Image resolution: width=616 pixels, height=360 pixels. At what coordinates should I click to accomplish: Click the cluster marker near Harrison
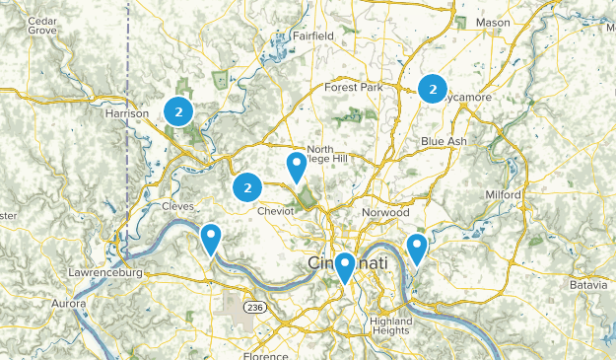coord(178,112)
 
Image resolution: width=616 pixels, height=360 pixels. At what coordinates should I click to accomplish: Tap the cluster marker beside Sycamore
coord(432,89)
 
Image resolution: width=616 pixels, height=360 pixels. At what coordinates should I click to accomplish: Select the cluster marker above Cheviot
coord(247,186)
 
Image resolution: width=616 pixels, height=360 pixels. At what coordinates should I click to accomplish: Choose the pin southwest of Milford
coord(417,249)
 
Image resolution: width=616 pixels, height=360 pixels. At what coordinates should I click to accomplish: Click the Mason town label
coord(493,22)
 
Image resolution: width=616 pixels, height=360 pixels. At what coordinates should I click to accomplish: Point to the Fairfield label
coord(312,36)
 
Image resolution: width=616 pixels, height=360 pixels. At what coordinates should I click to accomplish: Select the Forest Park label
coord(353,87)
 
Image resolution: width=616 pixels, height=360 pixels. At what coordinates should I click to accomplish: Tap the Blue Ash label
coord(444,141)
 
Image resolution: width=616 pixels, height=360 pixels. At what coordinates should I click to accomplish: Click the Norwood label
coord(384,212)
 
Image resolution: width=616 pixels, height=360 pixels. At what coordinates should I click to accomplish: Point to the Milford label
coord(503,195)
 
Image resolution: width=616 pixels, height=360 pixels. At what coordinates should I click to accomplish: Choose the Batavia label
coord(588,285)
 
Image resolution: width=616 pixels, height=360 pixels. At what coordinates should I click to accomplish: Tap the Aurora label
coord(69,304)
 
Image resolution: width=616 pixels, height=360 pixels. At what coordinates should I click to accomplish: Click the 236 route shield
coord(255,308)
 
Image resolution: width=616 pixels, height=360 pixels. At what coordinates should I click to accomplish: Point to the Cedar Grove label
coord(41,25)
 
